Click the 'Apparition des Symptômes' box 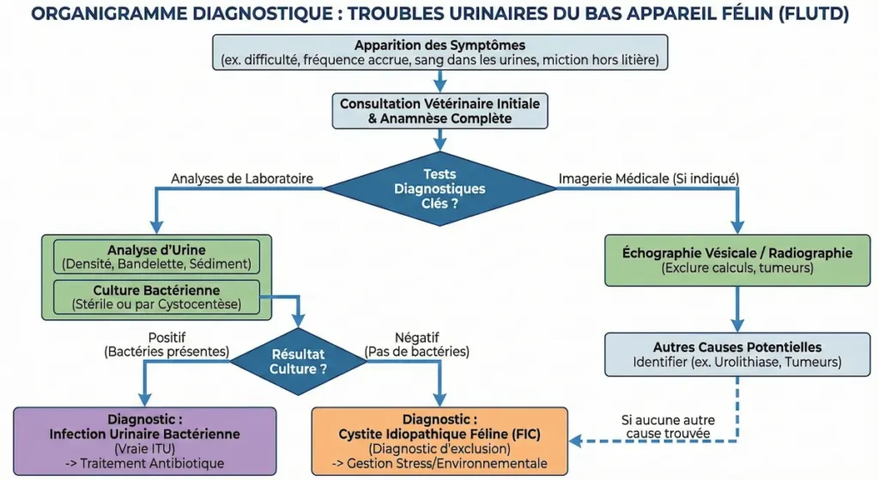439,52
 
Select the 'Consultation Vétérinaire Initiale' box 439,111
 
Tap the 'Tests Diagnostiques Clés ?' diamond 439,188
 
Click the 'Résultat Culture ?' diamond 298,362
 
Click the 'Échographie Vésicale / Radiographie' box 738,260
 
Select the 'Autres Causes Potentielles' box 738,355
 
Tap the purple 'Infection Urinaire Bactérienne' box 145,440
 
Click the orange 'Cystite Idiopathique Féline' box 439,440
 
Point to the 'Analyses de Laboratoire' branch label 242,179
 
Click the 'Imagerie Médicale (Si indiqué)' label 648,179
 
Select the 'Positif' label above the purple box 167,337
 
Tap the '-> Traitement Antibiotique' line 145,464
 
